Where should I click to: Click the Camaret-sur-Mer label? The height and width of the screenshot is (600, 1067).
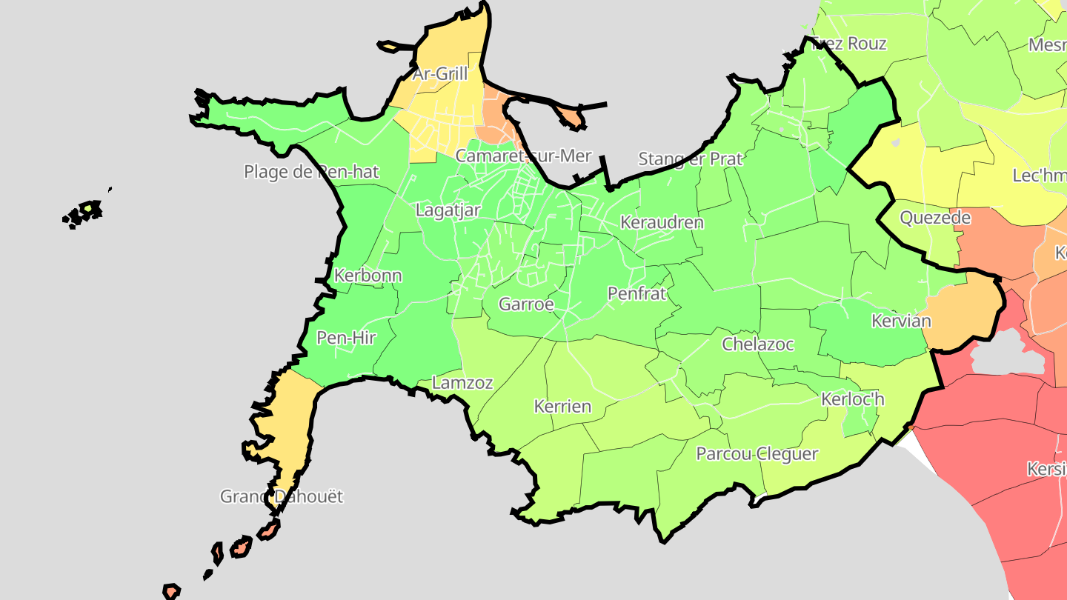(523, 156)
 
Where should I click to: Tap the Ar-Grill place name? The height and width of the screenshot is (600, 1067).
(440, 74)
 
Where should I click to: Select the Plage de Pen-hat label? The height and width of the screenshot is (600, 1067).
(311, 173)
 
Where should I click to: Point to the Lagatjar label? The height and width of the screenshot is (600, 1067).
(448, 210)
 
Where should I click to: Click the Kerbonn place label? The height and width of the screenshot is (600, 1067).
(368, 276)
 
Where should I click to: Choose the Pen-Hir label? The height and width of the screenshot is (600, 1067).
(346, 339)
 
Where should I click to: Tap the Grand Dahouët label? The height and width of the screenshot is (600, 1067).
(282, 496)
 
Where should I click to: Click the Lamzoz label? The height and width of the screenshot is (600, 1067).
(462, 383)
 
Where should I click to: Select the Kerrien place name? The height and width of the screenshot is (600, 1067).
(563, 407)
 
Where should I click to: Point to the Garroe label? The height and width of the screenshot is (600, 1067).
(526, 304)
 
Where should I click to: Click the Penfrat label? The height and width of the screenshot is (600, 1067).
(636, 294)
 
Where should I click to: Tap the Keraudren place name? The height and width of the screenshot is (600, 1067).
(662, 222)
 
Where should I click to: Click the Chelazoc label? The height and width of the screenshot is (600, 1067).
(758, 344)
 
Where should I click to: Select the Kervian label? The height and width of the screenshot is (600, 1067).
(901, 321)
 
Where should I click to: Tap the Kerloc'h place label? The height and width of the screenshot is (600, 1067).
(853, 399)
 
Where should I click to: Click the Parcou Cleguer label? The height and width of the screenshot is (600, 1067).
(757, 454)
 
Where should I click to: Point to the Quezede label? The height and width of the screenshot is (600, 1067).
(935, 218)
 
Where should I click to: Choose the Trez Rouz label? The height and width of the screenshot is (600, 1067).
(849, 44)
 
